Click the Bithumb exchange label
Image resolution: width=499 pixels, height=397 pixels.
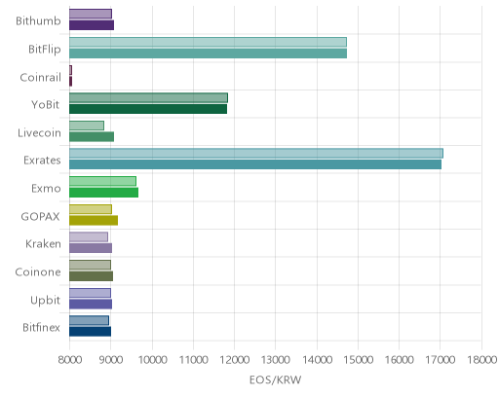(x=38, y=21)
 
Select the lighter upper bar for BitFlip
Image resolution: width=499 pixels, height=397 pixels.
(x=208, y=42)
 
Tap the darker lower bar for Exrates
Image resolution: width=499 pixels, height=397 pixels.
(x=255, y=164)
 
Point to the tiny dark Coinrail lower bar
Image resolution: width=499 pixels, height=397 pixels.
(x=70, y=81)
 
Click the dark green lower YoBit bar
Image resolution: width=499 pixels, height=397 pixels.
(x=148, y=109)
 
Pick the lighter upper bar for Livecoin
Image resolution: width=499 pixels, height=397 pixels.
(x=87, y=126)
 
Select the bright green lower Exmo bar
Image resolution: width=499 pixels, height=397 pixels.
(x=103, y=193)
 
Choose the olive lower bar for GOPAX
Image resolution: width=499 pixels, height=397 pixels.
(x=94, y=220)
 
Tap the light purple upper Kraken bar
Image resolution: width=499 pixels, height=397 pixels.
(x=89, y=236)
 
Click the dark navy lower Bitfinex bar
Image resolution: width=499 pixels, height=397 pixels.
(x=90, y=332)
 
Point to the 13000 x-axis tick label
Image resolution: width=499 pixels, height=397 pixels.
(x=275, y=360)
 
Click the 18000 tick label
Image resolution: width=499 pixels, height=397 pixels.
(x=481, y=360)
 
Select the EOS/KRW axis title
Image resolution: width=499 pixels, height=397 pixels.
(x=276, y=379)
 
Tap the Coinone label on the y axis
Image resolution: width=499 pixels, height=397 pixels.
(x=38, y=271)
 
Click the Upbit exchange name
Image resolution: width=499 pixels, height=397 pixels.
(x=45, y=301)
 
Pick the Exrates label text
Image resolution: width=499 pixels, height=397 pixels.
(x=42, y=161)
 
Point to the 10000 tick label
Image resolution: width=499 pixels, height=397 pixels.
(x=152, y=360)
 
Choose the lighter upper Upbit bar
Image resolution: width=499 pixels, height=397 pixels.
(x=90, y=293)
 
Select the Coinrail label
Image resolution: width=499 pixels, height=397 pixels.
(x=41, y=78)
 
